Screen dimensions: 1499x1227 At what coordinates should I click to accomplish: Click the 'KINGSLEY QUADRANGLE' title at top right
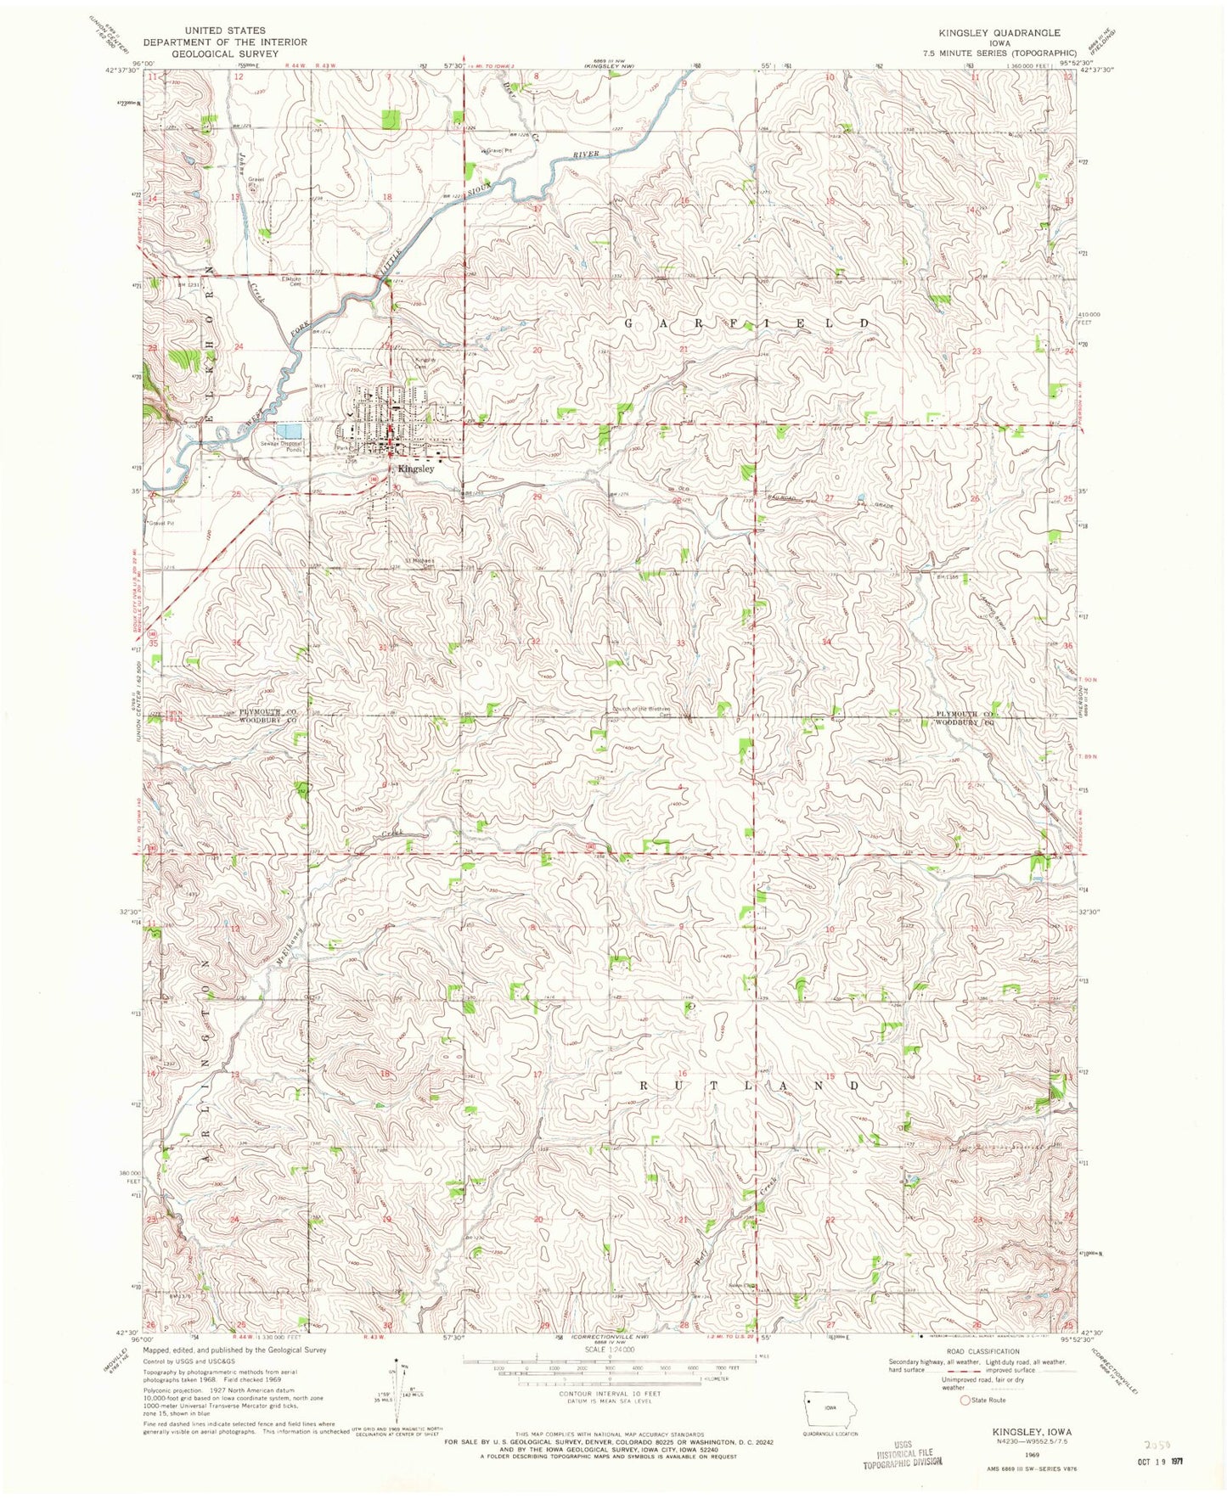[999, 32]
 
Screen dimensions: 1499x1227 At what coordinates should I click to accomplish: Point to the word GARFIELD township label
[747, 323]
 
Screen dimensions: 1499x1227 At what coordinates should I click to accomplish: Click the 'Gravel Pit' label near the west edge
[160, 524]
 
